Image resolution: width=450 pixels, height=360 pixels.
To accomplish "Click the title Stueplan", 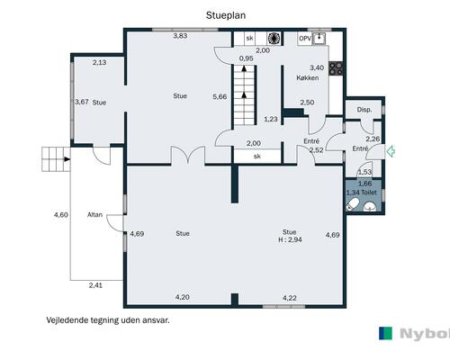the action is pos(226,15).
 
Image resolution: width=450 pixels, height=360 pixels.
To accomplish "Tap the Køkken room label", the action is pos(308,78).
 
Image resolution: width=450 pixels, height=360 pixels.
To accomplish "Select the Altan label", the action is pos(94,215).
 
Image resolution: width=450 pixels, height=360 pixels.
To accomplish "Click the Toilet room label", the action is pos(369,193).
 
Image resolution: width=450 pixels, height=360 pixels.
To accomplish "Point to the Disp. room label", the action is pos(364,110).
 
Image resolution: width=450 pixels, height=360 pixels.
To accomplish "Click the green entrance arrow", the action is pos(391,151).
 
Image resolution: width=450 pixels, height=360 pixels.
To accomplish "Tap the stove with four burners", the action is pos(336,68).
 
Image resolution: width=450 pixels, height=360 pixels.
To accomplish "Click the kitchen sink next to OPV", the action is pos(319,39).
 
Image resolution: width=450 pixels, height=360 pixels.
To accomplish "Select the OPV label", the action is pos(305,39).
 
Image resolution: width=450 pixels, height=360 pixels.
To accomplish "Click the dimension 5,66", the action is pos(220,97).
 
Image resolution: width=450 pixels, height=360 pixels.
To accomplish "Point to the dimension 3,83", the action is pos(180,36).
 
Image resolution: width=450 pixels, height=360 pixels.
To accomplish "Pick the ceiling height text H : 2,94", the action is pos(290,239).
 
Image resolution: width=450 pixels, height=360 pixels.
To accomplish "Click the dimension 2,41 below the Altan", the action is pos(95,285).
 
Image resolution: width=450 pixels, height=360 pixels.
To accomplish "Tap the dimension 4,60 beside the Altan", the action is pos(61,215).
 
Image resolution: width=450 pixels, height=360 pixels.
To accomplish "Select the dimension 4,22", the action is pos(290,298).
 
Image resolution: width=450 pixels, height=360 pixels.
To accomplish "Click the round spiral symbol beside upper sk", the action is pos(274,38).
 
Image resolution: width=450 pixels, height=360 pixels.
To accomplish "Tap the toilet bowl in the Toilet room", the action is pos(352,205).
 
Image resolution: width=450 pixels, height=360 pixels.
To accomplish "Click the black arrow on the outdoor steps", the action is pos(67,159).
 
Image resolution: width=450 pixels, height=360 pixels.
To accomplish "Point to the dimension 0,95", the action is pos(246,58).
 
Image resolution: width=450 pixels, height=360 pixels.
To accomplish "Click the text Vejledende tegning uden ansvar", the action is pos(108,320).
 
